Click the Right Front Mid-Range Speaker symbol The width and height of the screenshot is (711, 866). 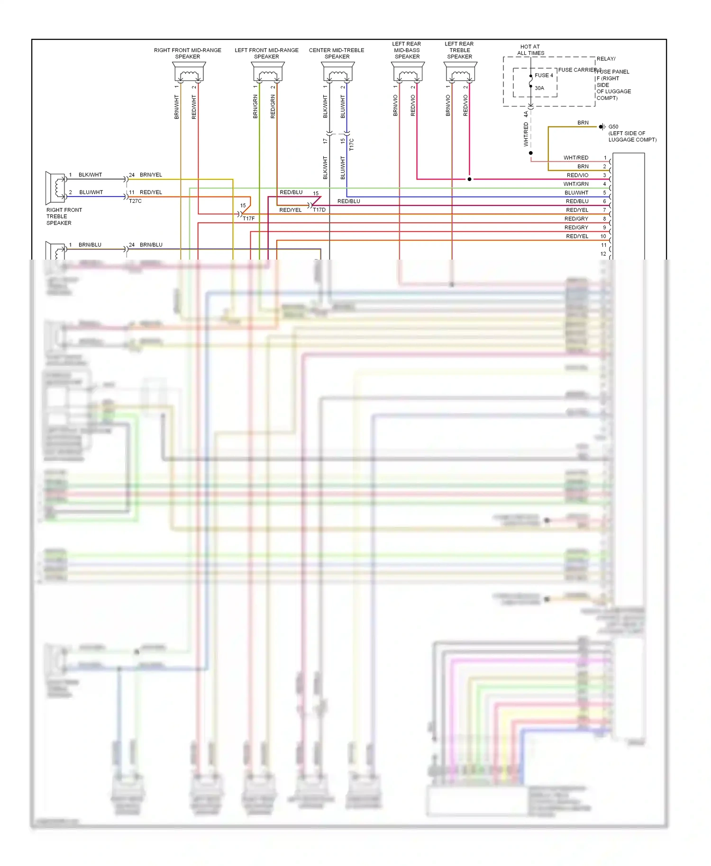(x=189, y=72)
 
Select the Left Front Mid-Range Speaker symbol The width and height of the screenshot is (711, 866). (x=268, y=72)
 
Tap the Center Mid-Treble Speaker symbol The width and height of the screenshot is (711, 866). (x=338, y=72)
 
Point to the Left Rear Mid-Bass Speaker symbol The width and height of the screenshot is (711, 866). (x=408, y=72)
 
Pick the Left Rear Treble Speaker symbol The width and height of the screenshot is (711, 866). (x=461, y=72)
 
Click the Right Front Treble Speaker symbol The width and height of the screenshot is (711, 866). (x=56, y=188)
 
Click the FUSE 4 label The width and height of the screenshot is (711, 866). (x=544, y=75)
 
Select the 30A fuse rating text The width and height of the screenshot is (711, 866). (x=539, y=88)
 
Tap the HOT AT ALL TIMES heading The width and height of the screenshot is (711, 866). (x=530, y=50)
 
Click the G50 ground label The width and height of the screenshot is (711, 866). (x=613, y=127)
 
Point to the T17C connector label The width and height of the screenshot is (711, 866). (x=352, y=144)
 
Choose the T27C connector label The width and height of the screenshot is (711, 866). (x=135, y=201)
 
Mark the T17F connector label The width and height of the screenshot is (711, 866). (x=249, y=218)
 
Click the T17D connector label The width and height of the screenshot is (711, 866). (x=319, y=210)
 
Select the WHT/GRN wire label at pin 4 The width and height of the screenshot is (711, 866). (x=576, y=184)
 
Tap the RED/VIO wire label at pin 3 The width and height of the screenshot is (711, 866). (x=577, y=175)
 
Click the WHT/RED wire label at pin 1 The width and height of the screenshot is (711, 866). (x=576, y=158)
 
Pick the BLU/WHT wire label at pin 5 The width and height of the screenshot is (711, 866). (x=576, y=193)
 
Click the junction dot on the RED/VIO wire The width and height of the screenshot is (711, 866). (x=469, y=179)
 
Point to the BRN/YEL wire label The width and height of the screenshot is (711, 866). (x=151, y=175)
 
